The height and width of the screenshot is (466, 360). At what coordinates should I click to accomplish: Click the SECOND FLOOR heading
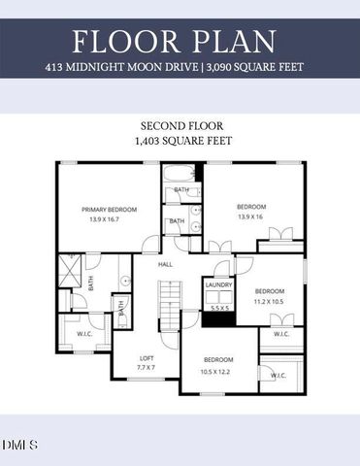click(x=180, y=127)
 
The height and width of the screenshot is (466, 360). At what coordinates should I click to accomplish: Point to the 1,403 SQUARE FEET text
click(x=180, y=141)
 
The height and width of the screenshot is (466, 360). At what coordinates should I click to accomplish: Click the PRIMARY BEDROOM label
click(x=109, y=209)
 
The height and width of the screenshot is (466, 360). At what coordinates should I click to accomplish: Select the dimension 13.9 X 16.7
click(x=109, y=219)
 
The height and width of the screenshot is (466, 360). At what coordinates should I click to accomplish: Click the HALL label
click(x=166, y=262)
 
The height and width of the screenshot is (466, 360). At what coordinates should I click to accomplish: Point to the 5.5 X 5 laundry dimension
click(x=217, y=308)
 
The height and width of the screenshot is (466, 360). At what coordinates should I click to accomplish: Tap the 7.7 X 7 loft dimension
click(x=147, y=369)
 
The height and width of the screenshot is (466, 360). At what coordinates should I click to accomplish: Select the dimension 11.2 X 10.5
click(x=270, y=301)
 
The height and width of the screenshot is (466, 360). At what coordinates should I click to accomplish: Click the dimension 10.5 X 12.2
click(x=217, y=370)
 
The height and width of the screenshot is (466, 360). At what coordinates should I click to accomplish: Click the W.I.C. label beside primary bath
click(x=84, y=334)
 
